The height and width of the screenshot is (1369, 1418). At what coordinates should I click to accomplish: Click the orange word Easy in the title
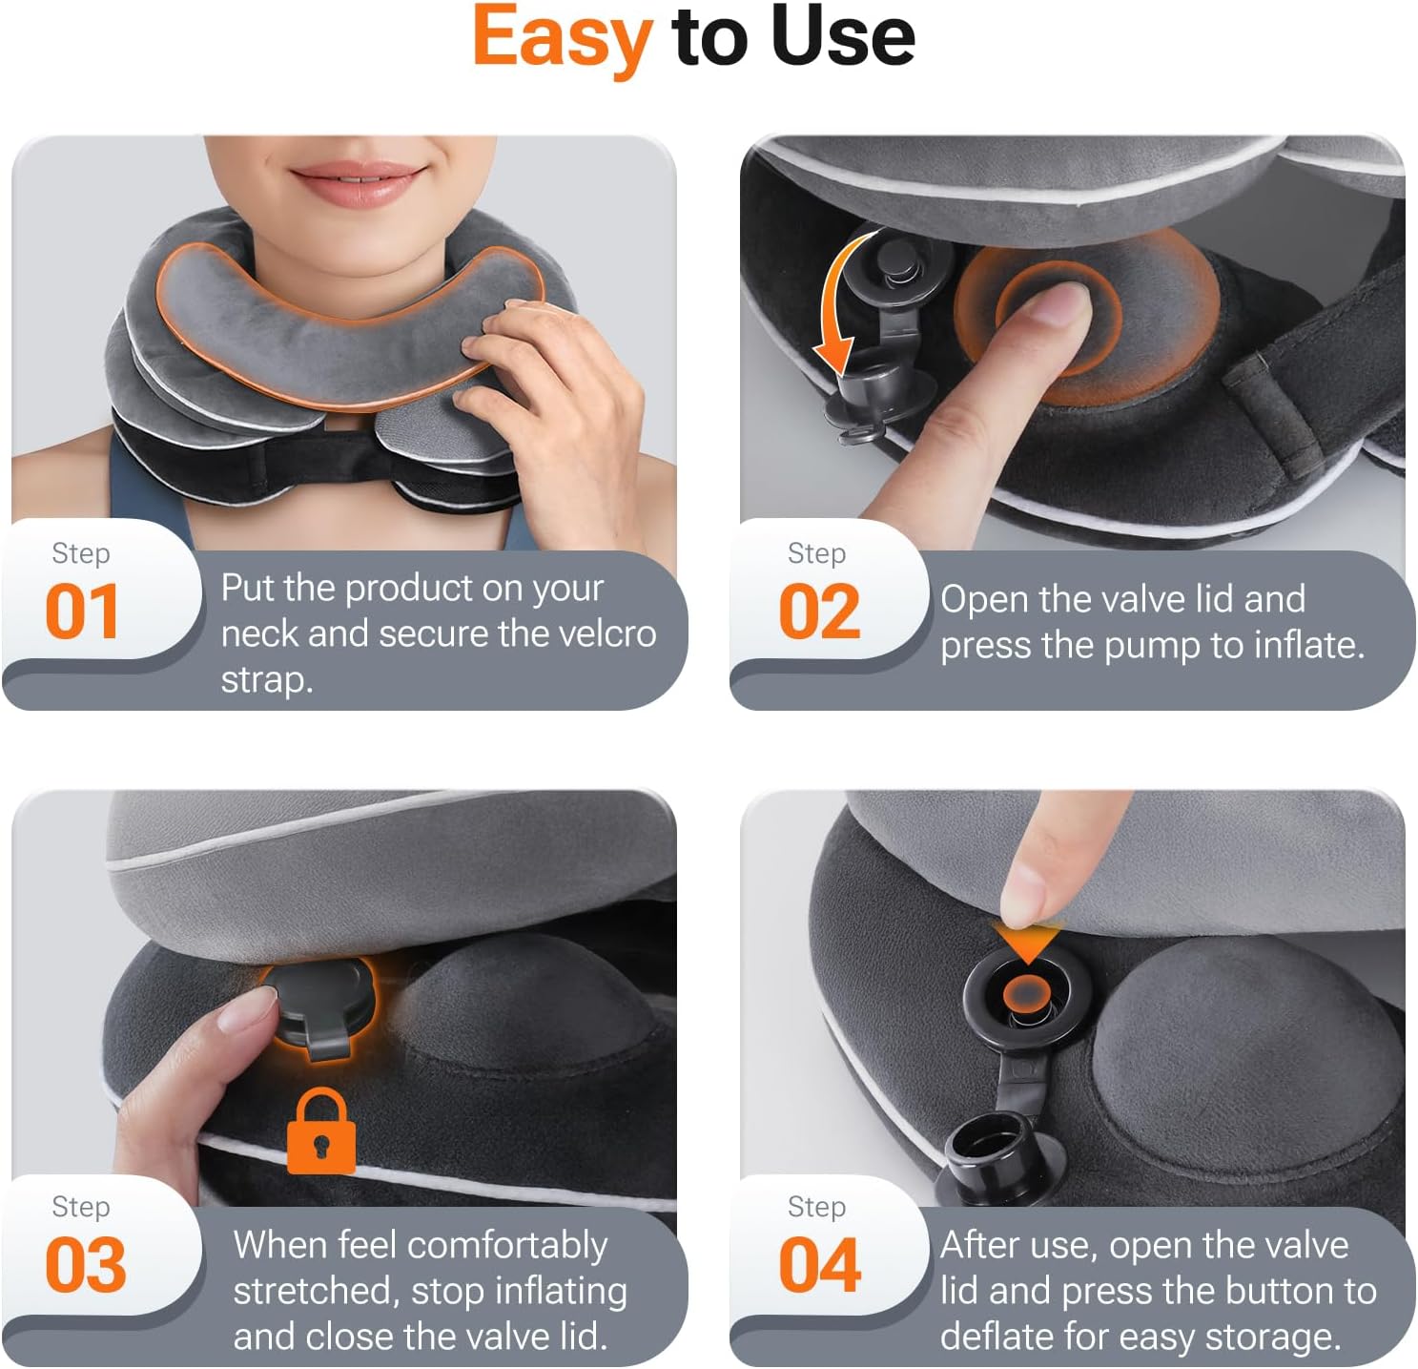coord(562,38)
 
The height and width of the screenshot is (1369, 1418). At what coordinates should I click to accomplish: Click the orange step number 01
coord(82,612)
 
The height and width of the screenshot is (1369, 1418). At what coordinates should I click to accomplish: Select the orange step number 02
coord(819,612)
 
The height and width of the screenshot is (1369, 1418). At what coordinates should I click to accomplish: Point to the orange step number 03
coord(85,1265)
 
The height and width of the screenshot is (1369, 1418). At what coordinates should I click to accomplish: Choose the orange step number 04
coord(819,1265)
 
